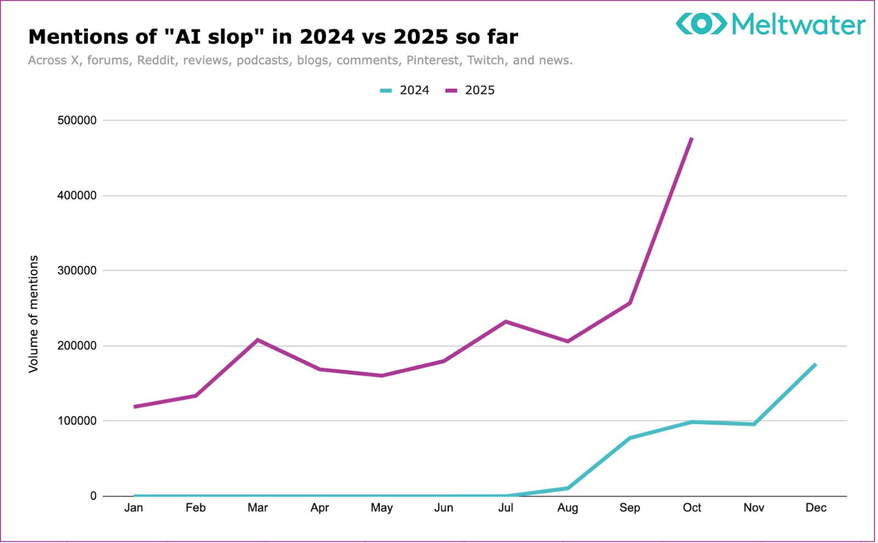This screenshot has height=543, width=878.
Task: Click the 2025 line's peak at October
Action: click(x=691, y=138)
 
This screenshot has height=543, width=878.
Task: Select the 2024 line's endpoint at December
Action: click(x=815, y=365)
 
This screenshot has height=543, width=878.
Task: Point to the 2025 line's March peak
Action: click(x=258, y=340)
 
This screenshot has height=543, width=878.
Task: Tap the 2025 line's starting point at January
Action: click(x=134, y=406)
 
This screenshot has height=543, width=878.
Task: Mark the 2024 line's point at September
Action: click(x=630, y=438)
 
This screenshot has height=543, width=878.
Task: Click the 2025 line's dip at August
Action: click(x=567, y=341)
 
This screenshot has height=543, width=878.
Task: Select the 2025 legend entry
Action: click(x=470, y=90)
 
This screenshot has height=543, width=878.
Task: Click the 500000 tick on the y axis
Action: click(x=77, y=120)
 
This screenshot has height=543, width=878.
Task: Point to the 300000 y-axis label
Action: click(x=77, y=270)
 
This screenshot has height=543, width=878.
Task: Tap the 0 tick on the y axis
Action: click(x=93, y=496)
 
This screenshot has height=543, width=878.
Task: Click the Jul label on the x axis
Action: click(x=505, y=508)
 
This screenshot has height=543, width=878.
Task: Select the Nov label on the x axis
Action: click(x=753, y=508)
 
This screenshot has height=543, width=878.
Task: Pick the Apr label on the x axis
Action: click(x=319, y=508)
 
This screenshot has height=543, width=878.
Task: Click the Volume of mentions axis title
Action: click(x=33, y=314)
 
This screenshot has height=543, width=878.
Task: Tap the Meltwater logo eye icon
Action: click(x=701, y=24)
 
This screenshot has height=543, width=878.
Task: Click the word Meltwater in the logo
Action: click(x=798, y=25)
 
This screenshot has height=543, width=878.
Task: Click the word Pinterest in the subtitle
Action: click(x=432, y=60)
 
